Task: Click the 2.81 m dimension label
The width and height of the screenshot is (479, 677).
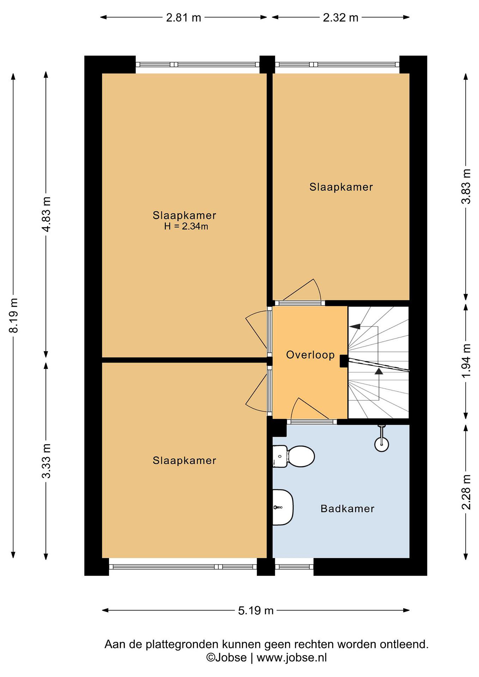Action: point(183,18)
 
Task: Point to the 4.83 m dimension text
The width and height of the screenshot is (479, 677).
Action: point(47,214)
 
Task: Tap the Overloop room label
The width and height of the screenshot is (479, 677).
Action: point(310,355)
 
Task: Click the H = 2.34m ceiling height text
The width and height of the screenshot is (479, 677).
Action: point(186,226)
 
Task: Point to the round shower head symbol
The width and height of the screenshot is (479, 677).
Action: point(382,444)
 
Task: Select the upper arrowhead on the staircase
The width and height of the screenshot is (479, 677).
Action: point(355,327)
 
